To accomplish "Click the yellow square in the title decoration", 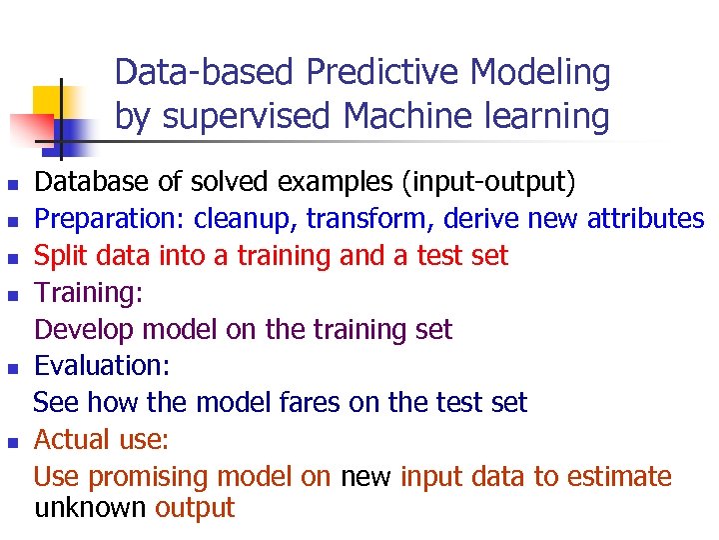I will pos(50,100).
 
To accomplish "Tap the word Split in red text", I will pos(58,256).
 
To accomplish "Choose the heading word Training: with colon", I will pos(89,293).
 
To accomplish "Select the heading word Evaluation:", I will pos(101,366).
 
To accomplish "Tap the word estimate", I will pos(618,477).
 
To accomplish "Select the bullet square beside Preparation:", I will pos(12,221).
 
